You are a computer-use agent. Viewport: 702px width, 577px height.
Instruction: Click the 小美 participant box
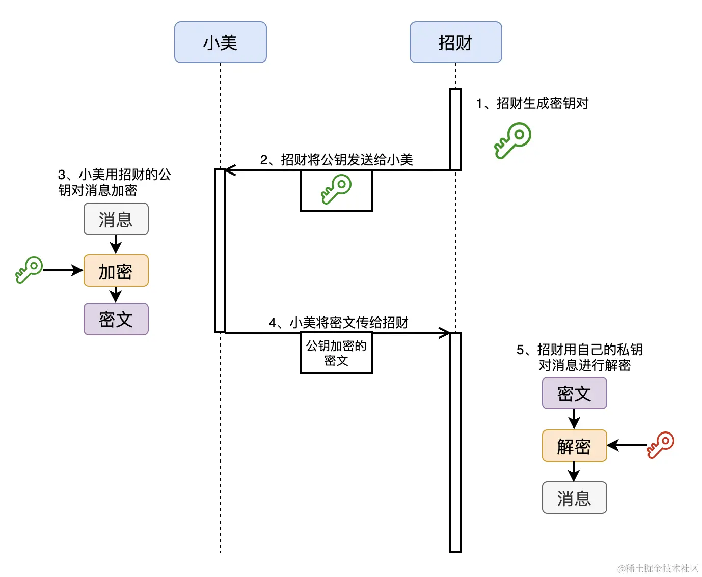click(x=220, y=42)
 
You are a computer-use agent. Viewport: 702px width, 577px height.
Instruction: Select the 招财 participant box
click(x=455, y=42)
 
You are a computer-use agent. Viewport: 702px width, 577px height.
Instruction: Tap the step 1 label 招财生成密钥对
click(x=532, y=103)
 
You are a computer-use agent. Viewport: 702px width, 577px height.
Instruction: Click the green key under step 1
click(x=512, y=140)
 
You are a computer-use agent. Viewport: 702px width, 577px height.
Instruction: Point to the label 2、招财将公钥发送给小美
click(x=336, y=160)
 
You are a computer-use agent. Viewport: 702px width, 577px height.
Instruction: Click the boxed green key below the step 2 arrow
click(x=336, y=190)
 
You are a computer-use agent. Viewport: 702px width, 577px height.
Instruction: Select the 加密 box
click(x=116, y=271)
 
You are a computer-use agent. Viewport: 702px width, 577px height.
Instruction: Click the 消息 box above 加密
click(x=116, y=219)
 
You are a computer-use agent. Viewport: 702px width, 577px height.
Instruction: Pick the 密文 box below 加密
click(x=116, y=319)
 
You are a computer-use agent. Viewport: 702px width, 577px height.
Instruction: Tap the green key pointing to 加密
click(x=29, y=270)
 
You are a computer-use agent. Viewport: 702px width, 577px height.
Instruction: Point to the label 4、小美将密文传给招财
click(x=338, y=323)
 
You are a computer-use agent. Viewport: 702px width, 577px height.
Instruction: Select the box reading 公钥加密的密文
click(x=336, y=353)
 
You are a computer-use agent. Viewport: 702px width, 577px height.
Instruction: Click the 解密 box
click(x=574, y=446)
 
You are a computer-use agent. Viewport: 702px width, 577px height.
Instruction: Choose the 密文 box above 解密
click(x=574, y=393)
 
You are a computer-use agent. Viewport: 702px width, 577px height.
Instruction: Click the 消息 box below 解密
click(x=574, y=498)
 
